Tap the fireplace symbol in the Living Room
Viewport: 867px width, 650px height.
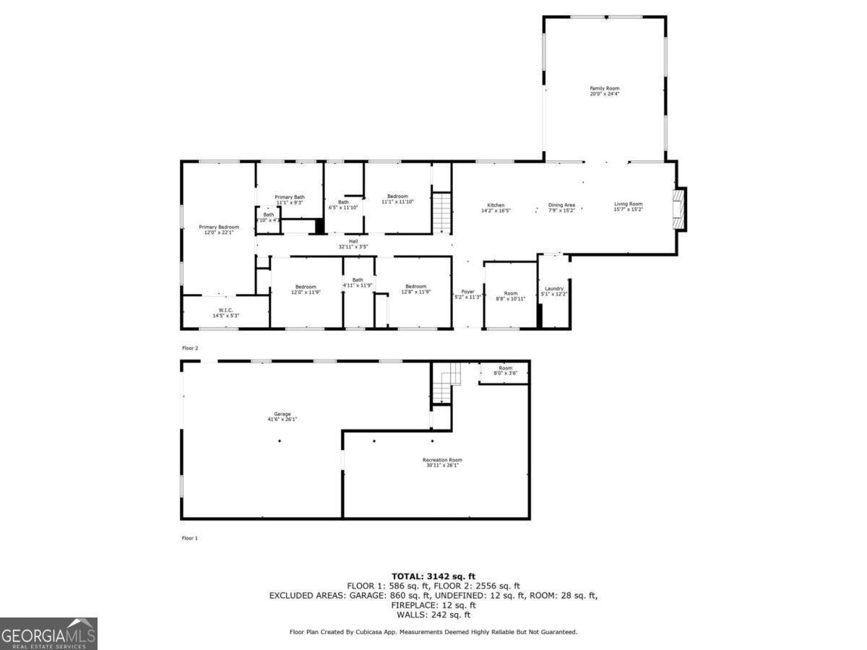[x=679, y=209]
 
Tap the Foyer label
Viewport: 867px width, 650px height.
[x=467, y=294]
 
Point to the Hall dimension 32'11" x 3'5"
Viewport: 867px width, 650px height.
[x=353, y=246]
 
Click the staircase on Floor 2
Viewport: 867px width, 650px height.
[x=441, y=211]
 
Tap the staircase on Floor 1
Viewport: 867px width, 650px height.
[x=445, y=384]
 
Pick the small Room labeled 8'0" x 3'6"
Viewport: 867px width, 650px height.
[x=505, y=370]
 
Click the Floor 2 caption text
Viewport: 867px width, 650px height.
[x=190, y=348]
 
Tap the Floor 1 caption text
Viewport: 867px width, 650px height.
[x=190, y=538]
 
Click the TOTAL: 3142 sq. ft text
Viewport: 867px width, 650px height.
[x=433, y=576]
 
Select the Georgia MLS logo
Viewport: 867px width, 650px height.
[x=48, y=633]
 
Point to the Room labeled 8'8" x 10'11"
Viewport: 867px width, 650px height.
[x=510, y=295]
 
